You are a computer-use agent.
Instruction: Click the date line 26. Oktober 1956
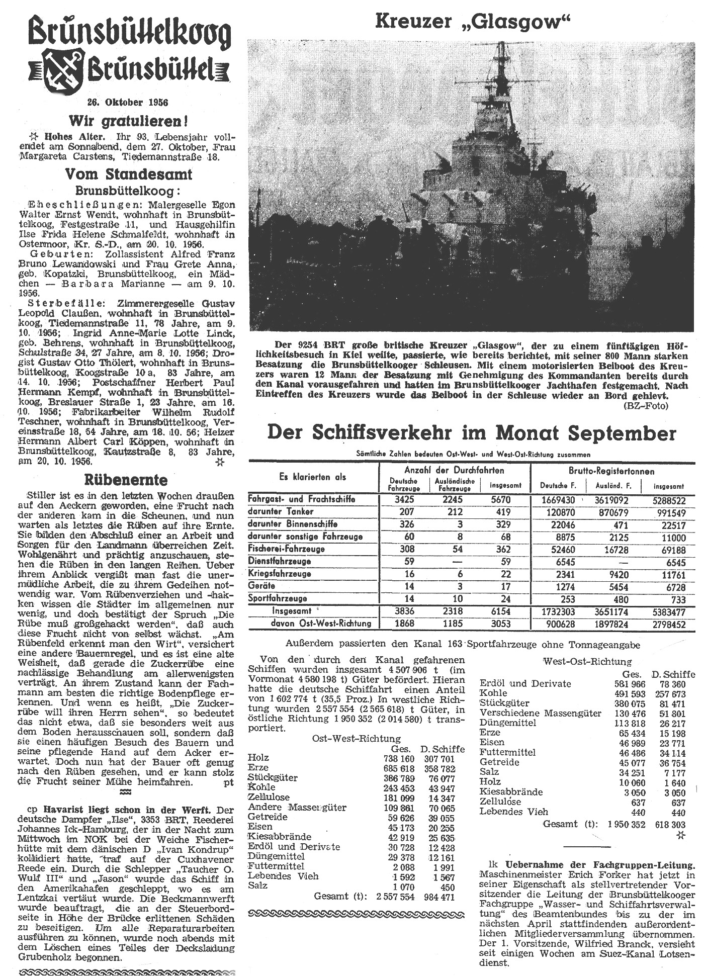tap(127, 102)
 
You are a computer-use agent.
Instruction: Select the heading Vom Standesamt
tap(127, 174)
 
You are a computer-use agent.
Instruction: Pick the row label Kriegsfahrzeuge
tap(280, 574)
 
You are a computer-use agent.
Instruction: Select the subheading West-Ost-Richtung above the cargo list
tap(587, 661)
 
